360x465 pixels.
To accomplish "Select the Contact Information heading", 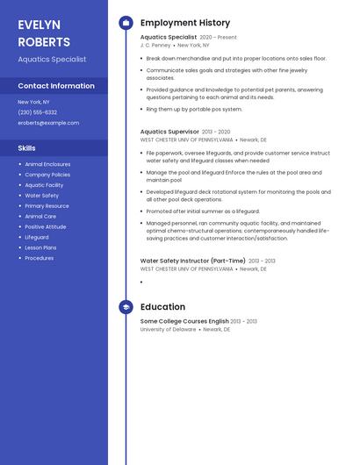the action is pos(56,86).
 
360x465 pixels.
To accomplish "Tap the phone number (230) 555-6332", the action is pos(38,112).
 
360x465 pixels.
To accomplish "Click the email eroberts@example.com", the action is pos(48,123).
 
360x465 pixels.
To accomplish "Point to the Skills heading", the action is pos(26,148).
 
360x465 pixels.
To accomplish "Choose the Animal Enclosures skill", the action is pos(47,164).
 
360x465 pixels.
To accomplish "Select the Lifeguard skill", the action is pos(37,237).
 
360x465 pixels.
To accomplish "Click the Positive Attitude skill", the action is pos(46,226).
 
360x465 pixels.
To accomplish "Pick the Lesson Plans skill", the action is pos(40,247).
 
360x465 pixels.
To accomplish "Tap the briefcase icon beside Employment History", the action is pos(126,23).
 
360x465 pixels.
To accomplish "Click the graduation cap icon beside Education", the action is pos(126,307).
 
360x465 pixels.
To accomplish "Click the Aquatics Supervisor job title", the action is pos(169,132).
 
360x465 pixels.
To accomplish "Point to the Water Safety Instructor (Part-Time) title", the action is pos(193,261).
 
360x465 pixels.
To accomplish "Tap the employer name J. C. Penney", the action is pos(155,45).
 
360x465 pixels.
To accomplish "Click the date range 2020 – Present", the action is pos(219,38).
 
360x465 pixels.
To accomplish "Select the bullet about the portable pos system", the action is pos(194,110).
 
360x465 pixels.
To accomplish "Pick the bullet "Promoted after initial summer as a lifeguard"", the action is pos(203,211).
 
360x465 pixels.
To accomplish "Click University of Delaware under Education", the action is pos(168,329).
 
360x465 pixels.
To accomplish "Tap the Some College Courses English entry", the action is pos(184,321).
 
